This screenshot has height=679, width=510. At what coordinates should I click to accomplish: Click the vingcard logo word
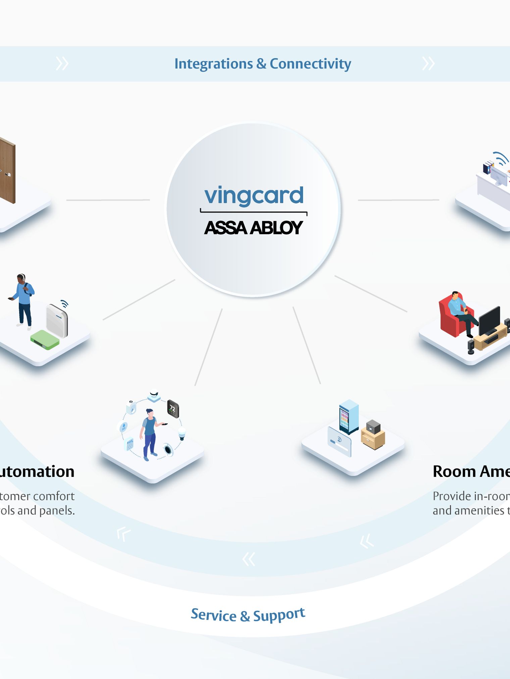(254, 195)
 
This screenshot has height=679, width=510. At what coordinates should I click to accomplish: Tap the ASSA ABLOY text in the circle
(253, 228)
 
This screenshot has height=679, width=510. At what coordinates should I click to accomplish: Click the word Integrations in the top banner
(213, 64)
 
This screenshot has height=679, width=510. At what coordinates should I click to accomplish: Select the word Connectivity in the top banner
(310, 64)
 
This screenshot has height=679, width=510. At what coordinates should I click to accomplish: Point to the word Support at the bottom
(279, 615)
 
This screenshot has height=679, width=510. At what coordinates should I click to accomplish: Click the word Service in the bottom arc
(214, 615)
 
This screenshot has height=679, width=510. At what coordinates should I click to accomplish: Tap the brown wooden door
(7, 171)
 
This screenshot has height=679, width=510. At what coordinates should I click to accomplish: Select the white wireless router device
(57, 320)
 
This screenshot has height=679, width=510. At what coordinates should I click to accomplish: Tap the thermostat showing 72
(173, 409)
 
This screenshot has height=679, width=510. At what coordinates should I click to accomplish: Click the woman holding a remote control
(150, 434)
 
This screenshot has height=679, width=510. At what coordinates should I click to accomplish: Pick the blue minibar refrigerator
(349, 416)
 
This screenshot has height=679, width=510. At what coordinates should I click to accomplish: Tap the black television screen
(489, 320)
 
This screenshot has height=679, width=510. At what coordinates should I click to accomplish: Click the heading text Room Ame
(471, 472)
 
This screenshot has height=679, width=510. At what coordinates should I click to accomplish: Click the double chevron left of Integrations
(62, 64)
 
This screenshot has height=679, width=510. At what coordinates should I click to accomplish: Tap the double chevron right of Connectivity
(428, 64)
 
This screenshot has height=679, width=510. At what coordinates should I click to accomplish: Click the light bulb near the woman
(182, 433)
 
